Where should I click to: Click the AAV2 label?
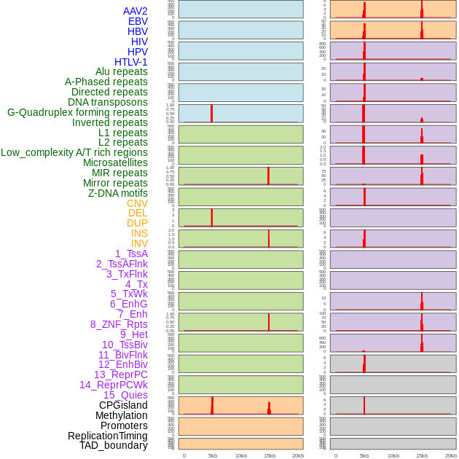coord(135,11)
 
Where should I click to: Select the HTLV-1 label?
coord(130,62)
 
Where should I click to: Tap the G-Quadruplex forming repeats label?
coord(77,112)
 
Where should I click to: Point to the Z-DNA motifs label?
coord(117,193)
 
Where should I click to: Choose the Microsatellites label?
coord(115,162)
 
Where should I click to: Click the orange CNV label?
coord(137,203)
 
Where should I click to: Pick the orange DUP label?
coord(137,223)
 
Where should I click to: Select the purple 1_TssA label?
coord(131,254)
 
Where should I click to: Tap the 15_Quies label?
coord(125,395)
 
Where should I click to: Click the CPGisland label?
coord(123,405)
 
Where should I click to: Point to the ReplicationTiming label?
coord(107,436)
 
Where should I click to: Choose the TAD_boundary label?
coord(113,445)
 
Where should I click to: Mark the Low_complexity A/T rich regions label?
coord(74,152)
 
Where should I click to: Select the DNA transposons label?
coord(107,102)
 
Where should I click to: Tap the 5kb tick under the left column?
coord(213,455)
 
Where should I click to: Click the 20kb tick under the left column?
coord(298,455)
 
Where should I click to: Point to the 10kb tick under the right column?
coord(393,455)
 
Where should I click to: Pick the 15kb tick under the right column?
coord(421,455)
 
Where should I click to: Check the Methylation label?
coord(121,415)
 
